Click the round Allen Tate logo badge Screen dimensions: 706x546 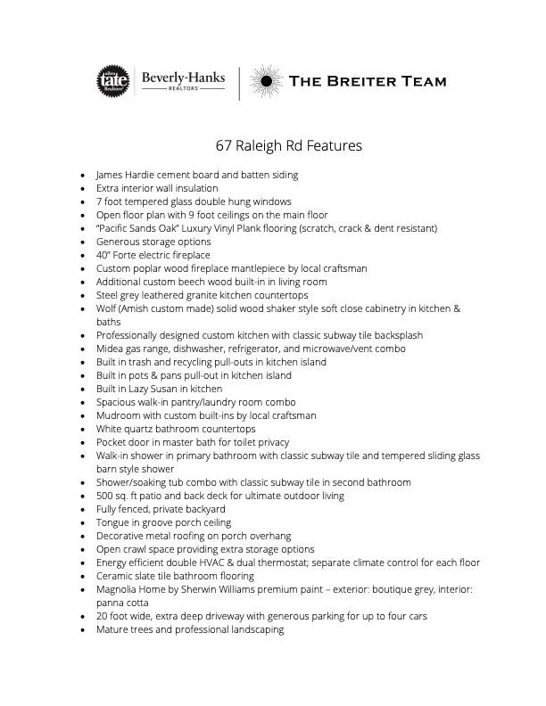pos(113,82)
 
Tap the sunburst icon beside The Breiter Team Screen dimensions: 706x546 pos(264,82)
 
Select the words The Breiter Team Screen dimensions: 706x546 pos(368,82)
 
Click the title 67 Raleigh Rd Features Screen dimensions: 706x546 pos(288,145)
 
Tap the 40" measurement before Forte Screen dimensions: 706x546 pos(104,255)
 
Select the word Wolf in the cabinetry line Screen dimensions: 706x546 pos(106,308)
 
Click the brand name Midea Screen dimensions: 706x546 pos(111,349)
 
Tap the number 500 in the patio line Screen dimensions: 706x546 pos(105,496)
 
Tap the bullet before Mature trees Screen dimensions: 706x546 pos(83,629)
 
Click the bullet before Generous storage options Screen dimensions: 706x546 pos(83,242)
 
